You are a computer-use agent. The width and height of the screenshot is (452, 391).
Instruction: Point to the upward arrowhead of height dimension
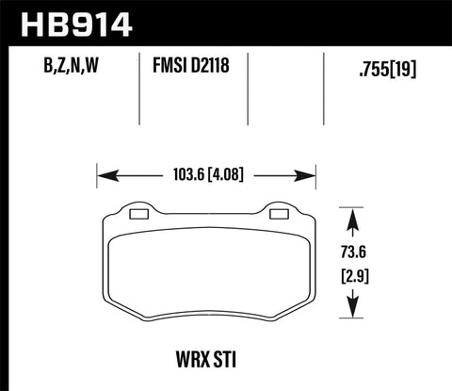[354, 218]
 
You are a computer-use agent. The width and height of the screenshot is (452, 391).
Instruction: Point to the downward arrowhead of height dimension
[354, 310]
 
